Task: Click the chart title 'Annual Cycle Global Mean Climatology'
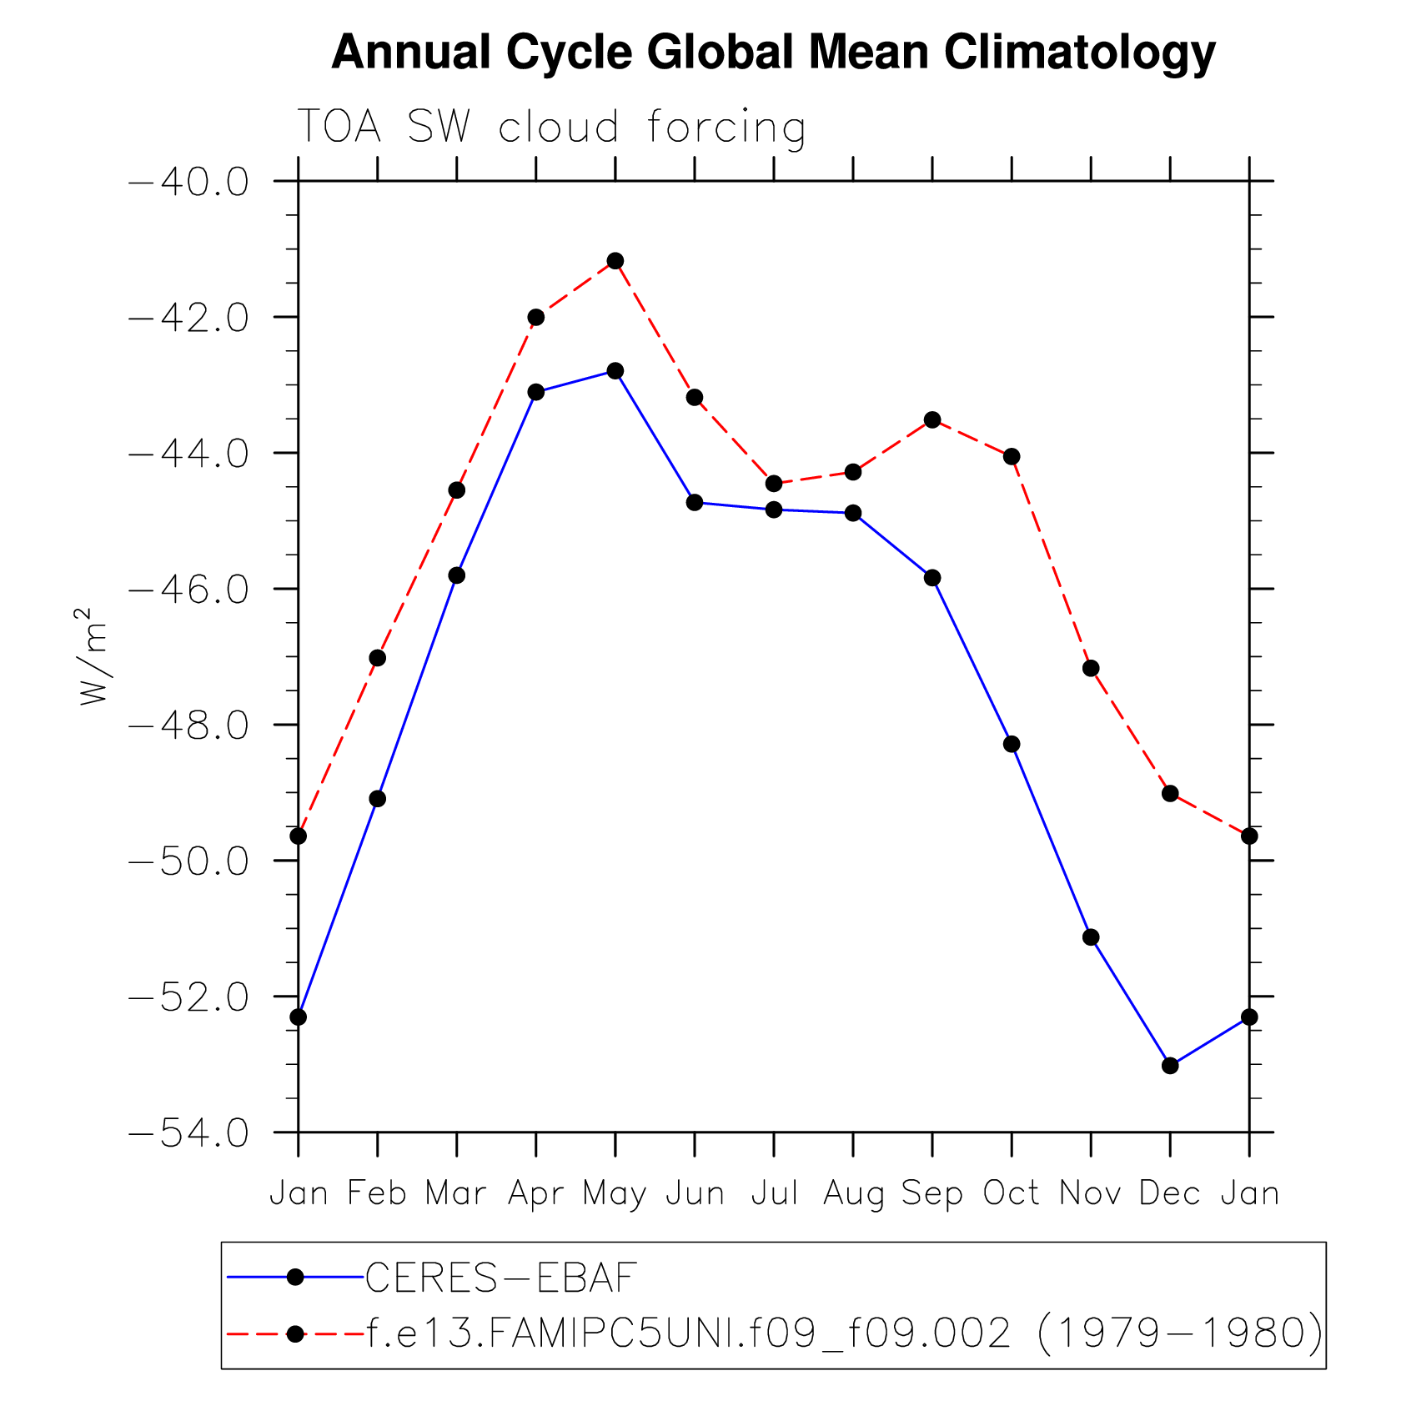[x=773, y=52]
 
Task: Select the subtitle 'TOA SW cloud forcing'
[x=551, y=128]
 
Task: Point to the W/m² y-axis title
[x=93, y=656]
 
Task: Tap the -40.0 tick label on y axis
[x=188, y=182]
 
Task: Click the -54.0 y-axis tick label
[x=188, y=1133]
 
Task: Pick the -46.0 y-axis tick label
[x=188, y=590]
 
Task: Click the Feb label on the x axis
[x=377, y=1193]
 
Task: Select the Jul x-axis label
[x=775, y=1193]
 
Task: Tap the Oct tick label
[x=1012, y=1193]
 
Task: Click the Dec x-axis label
[x=1170, y=1193]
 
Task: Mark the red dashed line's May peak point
[x=615, y=261]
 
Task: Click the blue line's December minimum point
[x=1170, y=1066]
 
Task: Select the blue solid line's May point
[x=615, y=371]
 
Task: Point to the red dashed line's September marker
[x=932, y=419]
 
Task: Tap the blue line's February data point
[x=378, y=799]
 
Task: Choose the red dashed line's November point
[x=1091, y=668]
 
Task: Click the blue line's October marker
[x=1012, y=744]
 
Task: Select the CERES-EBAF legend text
[x=502, y=1278]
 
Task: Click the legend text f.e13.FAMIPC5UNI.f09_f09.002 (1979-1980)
[x=844, y=1333]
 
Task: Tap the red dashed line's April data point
[x=536, y=317]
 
